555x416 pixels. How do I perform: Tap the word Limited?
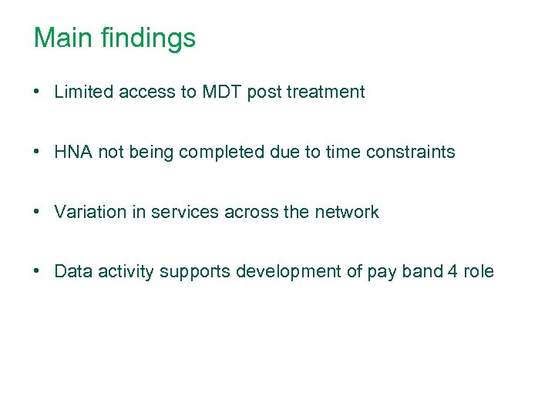82,92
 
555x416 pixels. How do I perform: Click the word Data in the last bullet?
72,272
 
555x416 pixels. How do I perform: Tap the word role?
479,272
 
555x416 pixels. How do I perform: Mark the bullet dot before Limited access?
37,92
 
